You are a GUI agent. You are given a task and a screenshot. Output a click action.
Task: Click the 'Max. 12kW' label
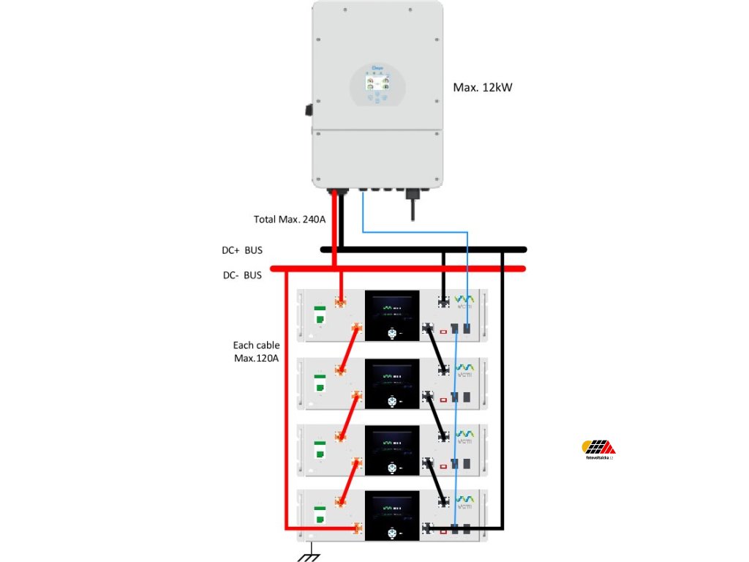click(x=483, y=88)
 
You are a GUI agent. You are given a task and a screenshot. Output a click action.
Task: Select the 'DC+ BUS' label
click(x=242, y=250)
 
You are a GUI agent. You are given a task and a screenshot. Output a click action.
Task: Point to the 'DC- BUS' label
click(x=242, y=276)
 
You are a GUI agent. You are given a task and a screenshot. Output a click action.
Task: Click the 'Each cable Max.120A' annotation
click(x=256, y=351)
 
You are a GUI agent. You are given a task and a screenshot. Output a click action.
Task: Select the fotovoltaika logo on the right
click(x=598, y=449)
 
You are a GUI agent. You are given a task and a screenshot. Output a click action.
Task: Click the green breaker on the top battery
click(x=320, y=315)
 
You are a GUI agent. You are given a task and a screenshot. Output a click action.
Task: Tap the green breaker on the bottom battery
click(x=320, y=513)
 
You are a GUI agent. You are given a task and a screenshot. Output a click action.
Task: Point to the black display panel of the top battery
click(x=392, y=315)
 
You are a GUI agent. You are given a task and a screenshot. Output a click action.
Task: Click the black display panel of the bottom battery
click(x=392, y=513)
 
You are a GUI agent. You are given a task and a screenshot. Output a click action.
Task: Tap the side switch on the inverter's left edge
click(x=309, y=110)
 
